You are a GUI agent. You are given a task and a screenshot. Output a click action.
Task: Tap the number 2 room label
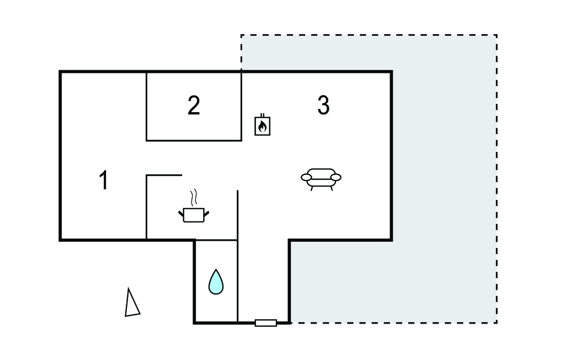194,105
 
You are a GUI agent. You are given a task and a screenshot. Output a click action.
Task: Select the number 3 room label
323,105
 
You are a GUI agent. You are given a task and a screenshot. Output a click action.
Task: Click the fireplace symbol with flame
262,125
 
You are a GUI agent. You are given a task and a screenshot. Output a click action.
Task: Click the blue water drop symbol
216,282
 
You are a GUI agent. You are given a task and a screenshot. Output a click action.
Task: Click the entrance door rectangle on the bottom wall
266,323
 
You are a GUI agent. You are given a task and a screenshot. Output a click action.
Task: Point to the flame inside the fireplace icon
262,126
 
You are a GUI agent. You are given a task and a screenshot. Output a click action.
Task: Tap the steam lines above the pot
194,198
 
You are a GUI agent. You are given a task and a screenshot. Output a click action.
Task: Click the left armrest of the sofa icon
306,177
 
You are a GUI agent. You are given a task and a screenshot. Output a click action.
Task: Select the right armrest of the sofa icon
336,177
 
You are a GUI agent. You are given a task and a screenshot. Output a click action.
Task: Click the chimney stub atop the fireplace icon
262,115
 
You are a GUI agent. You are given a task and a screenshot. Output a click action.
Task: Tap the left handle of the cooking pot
181,214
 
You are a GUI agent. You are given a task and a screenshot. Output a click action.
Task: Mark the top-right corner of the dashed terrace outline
497,35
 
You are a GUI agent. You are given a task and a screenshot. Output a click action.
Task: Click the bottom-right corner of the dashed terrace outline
497,323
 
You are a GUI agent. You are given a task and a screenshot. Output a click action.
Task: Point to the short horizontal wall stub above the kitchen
164,176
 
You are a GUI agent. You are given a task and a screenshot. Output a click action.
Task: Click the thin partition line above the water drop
216,240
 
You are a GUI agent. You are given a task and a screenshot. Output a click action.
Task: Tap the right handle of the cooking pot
207,214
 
